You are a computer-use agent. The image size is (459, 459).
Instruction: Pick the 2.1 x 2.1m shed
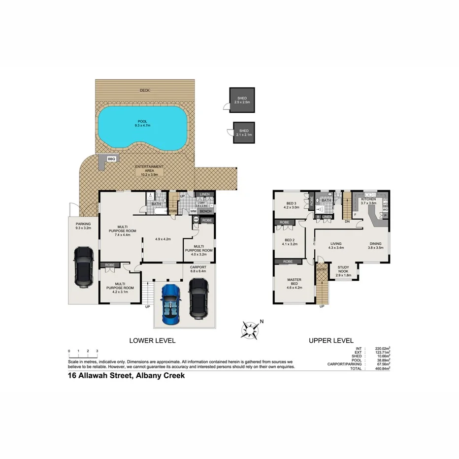pos(244,132)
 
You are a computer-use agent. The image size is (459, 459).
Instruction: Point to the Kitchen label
pos(368,200)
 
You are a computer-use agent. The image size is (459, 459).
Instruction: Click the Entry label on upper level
pos(322,269)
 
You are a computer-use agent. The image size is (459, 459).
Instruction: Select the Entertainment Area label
pos(149,170)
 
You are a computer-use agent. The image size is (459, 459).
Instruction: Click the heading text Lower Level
pos(152,340)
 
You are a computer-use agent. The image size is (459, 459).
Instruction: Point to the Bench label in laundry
pos(205,211)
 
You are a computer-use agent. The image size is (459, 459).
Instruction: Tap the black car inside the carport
pos(198,297)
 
